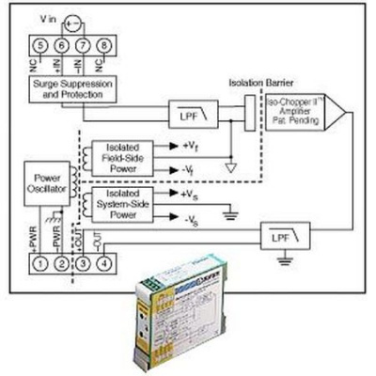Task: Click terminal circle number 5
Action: pyautogui.click(x=38, y=44)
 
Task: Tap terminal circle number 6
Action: pyautogui.click(x=60, y=44)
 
